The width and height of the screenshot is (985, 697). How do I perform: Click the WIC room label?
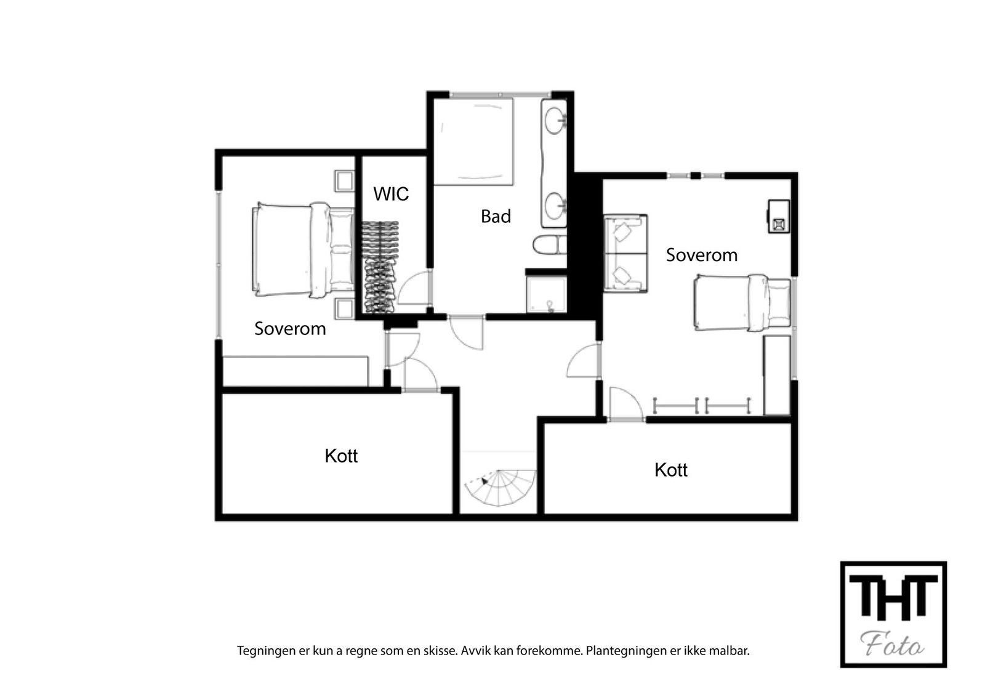coord(391,194)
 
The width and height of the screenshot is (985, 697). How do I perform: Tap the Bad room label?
coord(496,216)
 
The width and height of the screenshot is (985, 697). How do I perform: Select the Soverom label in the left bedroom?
coord(290,328)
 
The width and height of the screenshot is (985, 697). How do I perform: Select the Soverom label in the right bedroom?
coord(701,255)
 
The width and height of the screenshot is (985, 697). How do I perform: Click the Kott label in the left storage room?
coord(341,456)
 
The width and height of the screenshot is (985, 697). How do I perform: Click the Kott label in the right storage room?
coord(670,470)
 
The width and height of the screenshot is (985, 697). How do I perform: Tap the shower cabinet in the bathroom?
coord(546,292)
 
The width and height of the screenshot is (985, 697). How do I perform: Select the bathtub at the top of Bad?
coord(473,142)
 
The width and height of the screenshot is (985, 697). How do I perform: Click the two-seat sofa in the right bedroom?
coord(624,253)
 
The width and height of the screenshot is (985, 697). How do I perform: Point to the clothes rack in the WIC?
coord(379,268)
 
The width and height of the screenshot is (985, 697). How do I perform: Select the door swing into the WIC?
coord(412,288)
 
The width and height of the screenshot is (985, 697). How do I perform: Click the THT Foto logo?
coord(893,614)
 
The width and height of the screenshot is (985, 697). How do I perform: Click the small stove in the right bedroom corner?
coord(778,216)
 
